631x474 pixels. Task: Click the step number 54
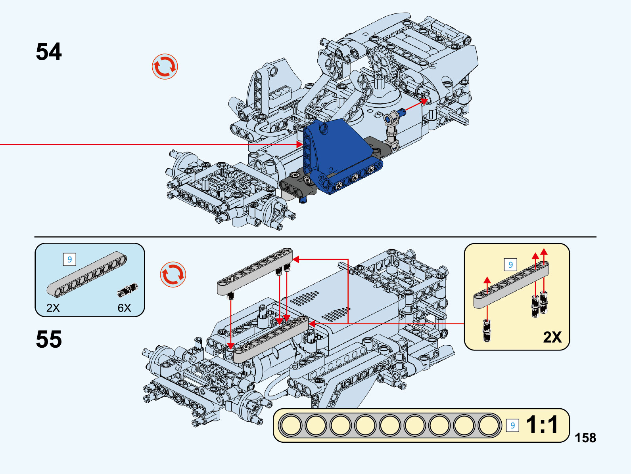(49, 52)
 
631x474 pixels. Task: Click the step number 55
(49, 339)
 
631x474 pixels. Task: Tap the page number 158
(585, 438)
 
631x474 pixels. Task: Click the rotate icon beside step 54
(165, 67)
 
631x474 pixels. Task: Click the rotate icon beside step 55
(173, 274)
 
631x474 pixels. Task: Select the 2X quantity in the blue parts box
(53, 308)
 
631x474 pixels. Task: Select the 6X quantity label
(124, 308)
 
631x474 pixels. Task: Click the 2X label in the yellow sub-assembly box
(552, 337)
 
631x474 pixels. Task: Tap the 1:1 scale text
(542, 425)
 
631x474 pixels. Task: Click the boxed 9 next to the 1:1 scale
(512, 425)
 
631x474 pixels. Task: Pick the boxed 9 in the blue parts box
(69, 259)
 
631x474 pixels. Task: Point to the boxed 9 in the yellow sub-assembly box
(510, 264)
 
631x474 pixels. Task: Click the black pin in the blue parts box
(127, 290)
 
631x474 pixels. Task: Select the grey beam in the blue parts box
(86, 274)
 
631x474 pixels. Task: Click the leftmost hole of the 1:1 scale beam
(292, 426)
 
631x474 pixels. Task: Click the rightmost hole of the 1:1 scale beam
(489, 426)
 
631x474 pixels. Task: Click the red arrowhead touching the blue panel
(299, 145)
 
